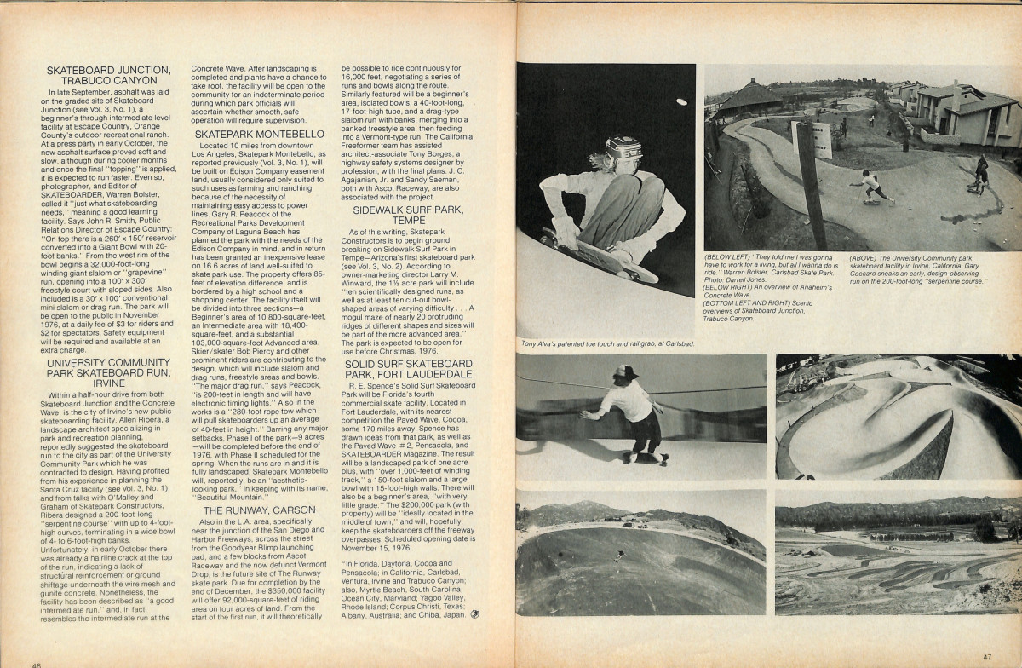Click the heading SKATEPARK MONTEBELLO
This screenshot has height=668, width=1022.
pyautogui.click(x=259, y=135)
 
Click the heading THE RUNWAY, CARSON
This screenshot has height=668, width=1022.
pyautogui.click(x=257, y=510)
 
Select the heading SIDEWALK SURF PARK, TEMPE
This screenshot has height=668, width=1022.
pyautogui.click(x=407, y=212)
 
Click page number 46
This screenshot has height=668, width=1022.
pyautogui.click(x=37, y=663)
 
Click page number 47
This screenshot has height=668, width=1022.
pyautogui.click(x=986, y=656)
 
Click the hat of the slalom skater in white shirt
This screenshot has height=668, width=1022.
pyautogui.click(x=625, y=371)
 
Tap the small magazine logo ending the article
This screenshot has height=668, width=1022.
pyautogui.click(x=474, y=613)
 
